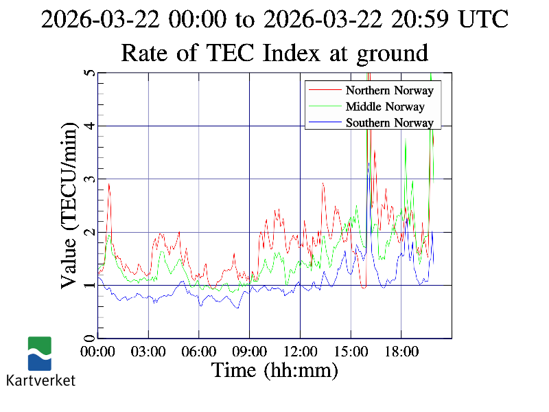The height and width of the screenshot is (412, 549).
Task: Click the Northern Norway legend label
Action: pos(389,90)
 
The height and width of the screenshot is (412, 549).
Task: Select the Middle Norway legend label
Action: pos(385,106)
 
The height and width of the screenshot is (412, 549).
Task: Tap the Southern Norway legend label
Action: pos(389,123)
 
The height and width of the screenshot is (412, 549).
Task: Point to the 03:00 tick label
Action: pos(148,352)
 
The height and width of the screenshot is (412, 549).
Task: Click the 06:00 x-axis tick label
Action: pos(199,352)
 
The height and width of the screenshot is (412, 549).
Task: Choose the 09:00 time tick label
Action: pos(249,352)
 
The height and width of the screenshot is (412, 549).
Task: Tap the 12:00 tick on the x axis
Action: pos(300,352)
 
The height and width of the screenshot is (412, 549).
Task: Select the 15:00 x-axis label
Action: pos(351,352)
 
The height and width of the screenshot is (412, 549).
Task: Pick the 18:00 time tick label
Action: pos(401,352)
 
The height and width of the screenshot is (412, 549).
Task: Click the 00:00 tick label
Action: pos(97,352)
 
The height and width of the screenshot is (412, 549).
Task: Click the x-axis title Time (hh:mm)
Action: pos(274,371)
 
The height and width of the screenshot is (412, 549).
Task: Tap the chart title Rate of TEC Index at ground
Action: pos(274,52)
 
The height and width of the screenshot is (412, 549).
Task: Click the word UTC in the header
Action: pos(483,19)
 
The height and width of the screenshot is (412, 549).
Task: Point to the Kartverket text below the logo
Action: pos(40,380)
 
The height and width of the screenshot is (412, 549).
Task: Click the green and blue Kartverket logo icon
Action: pos(40,354)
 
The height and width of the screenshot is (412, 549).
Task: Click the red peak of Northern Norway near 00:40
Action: pos(108,184)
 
